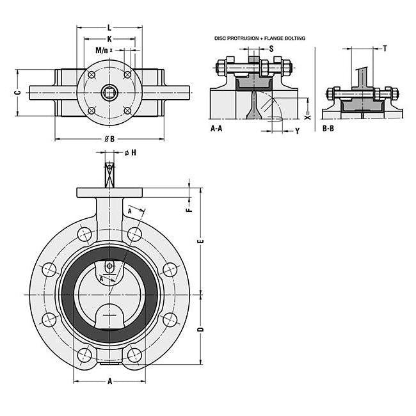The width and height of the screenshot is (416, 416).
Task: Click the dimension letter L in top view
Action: coord(109,28)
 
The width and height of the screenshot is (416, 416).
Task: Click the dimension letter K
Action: coord(109,39)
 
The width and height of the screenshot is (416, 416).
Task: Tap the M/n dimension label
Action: coord(102,50)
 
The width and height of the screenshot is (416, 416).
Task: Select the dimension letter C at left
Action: coord(19,92)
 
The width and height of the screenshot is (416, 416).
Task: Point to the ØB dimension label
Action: coord(109,138)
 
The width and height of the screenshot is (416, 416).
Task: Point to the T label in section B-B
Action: coord(384,49)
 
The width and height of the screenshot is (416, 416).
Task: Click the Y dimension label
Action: coord(297,131)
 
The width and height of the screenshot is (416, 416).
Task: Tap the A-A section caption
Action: coord(217,129)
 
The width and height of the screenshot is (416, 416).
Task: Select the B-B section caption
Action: coord(328,129)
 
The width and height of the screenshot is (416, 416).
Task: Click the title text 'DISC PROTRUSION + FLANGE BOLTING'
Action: coord(260,38)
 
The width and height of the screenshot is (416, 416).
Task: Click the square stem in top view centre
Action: coord(110,92)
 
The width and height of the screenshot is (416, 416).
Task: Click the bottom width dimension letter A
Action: coord(109,381)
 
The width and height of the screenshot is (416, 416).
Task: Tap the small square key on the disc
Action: coord(110,266)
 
